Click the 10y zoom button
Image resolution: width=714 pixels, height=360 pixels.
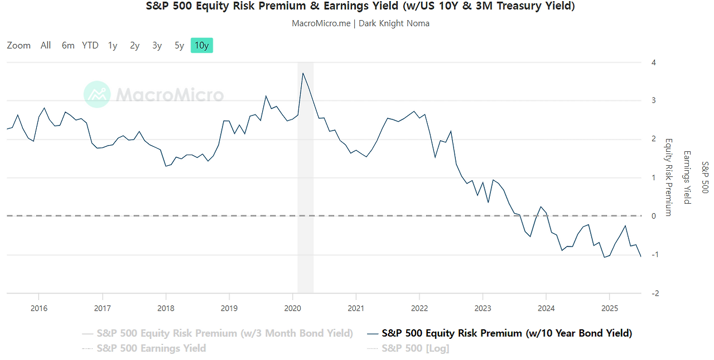pyautogui.click(x=201, y=46)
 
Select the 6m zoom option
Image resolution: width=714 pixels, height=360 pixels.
pyautogui.click(x=68, y=46)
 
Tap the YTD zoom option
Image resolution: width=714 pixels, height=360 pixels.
pyautogui.click(x=90, y=46)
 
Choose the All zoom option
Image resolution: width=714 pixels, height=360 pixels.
pyautogui.click(x=46, y=46)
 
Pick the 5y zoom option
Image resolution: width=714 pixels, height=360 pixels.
pyautogui.click(x=179, y=46)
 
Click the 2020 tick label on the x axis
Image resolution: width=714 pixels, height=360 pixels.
pyautogui.click(x=293, y=308)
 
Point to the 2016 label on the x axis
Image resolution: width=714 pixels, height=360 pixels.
pyautogui.click(x=38, y=308)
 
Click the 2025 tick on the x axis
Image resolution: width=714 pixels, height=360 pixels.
pyautogui.click(x=609, y=308)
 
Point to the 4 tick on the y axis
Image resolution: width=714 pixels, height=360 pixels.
pyautogui.click(x=653, y=63)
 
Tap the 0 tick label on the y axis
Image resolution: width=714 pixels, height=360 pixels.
pyautogui.click(x=653, y=216)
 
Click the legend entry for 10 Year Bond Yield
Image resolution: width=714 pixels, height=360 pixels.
pyautogui.click(x=506, y=333)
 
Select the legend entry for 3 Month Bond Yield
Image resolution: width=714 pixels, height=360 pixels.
pyautogui.click(x=224, y=333)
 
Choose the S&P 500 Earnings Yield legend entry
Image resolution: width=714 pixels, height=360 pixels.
pyautogui.click(x=151, y=348)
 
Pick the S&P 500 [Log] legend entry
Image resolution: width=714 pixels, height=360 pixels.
pyautogui.click(x=415, y=348)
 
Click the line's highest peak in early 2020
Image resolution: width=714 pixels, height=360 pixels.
pyautogui.click(x=303, y=73)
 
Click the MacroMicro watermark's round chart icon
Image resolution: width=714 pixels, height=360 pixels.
pyautogui.click(x=97, y=94)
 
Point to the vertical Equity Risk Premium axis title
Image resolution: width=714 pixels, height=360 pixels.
pyautogui.click(x=668, y=177)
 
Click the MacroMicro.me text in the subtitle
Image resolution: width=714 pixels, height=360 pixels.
pyautogui.click(x=320, y=23)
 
